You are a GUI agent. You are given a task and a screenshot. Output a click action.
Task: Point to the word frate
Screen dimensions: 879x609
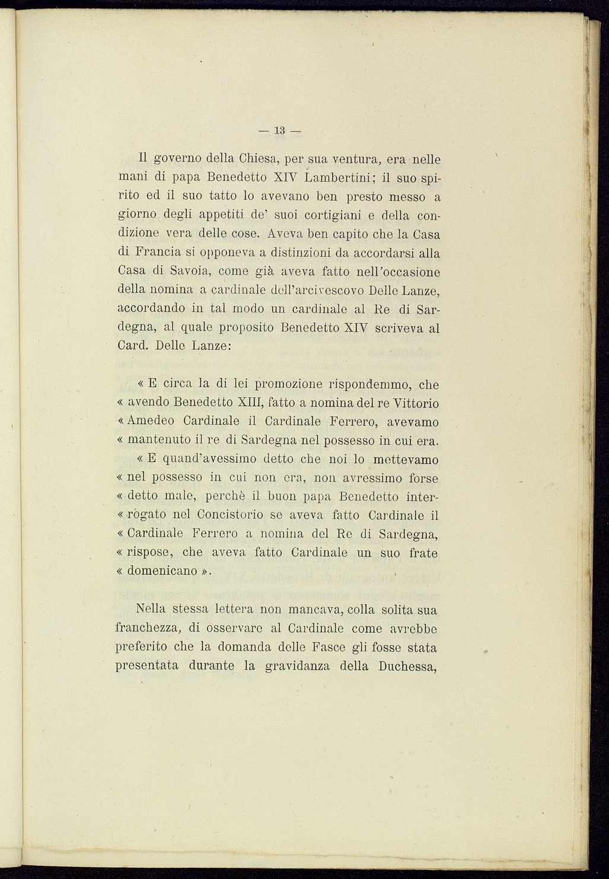(x=423, y=553)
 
